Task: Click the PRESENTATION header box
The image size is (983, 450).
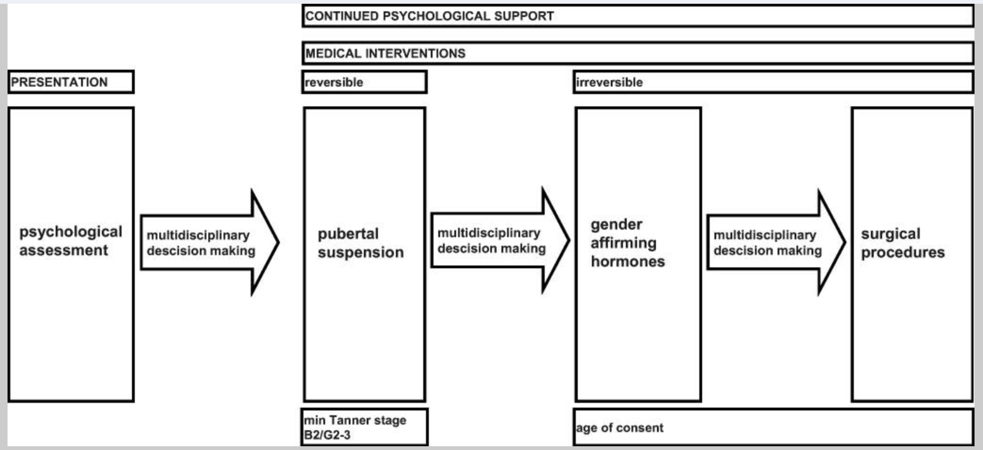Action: [x=71, y=82]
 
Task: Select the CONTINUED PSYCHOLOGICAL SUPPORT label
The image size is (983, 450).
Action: [x=429, y=16]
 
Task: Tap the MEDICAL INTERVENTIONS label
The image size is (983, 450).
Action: [x=385, y=53]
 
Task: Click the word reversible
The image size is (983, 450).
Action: [x=334, y=82]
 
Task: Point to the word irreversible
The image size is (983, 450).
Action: [x=609, y=82]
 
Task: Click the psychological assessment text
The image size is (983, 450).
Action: [x=71, y=241]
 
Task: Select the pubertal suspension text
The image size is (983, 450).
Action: [x=360, y=243]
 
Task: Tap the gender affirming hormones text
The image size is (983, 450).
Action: [x=628, y=243]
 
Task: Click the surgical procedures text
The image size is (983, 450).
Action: [x=903, y=243]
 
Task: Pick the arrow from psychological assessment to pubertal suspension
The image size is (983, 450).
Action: [x=210, y=242]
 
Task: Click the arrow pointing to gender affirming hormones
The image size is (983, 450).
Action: [x=500, y=241]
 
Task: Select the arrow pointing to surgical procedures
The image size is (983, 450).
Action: [x=777, y=242]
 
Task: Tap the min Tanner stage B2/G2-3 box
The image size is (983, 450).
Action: [x=364, y=427]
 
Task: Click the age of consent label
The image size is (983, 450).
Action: [x=619, y=428]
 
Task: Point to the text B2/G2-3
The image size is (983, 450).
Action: [x=327, y=435]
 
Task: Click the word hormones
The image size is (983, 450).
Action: [x=628, y=261]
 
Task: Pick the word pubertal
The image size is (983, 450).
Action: [x=348, y=234]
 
